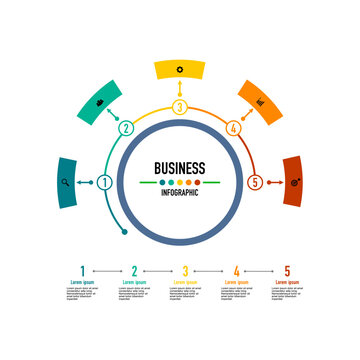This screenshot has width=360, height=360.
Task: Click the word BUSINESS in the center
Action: pyautogui.click(x=180, y=168)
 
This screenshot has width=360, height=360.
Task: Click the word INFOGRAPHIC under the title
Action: pyautogui.click(x=180, y=192)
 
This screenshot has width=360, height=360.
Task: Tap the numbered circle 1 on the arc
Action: pyautogui.click(x=105, y=182)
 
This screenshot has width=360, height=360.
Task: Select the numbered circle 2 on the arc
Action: pyautogui.click(x=126, y=128)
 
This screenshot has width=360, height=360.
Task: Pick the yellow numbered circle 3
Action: pyautogui.click(x=180, y=107)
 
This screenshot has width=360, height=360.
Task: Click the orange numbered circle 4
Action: pyautogui.click(x=233, y=128)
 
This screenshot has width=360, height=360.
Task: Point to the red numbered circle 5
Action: pyautogui.click(x=255, y=182)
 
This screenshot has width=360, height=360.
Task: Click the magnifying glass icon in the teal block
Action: pyautogui.click(x=66, y=182)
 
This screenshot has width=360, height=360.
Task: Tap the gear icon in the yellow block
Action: pyautogui.click(x=180, y=68)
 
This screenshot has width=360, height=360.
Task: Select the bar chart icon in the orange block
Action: pyautogui.click(x=260, y=102)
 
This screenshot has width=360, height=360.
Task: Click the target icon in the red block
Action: pyautogui.click(x=293, y=182)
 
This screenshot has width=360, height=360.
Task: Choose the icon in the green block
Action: pyautogui.click(x=100, y=102)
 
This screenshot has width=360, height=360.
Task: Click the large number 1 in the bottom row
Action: pyautogui.click(x=82, y=270)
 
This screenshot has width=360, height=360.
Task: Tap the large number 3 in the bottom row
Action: pyautogui.click(x=185, y=270)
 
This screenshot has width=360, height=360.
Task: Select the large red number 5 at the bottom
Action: pyautogui.click(x=288, y=270)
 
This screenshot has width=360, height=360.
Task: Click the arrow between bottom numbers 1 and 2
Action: pyautogui.click(x=108, y=270)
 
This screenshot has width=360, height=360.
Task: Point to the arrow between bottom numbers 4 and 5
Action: pyautogui.click(x=262, y=270)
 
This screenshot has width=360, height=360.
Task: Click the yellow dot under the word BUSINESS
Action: pyautogui.click(x=180, y=182)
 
